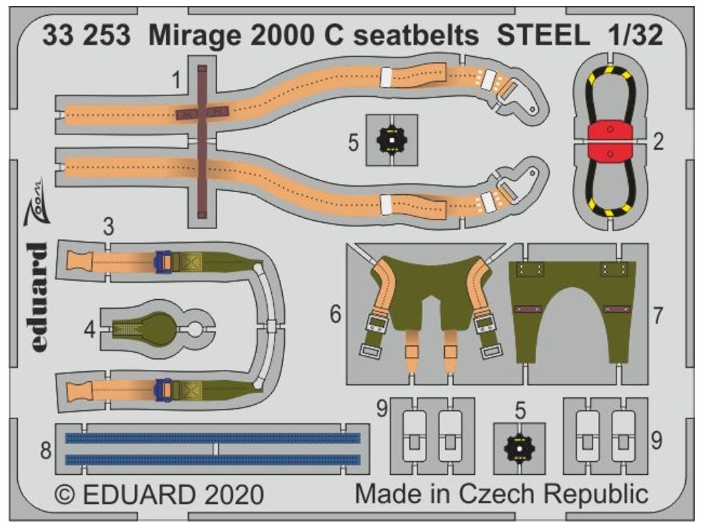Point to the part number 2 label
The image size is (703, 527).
pyautogui.click(x=658, y=143)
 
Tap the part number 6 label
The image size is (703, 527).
pyautogui.click(x=335, y=314)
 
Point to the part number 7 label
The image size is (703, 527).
pyautogui.click(x=658, y=316)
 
